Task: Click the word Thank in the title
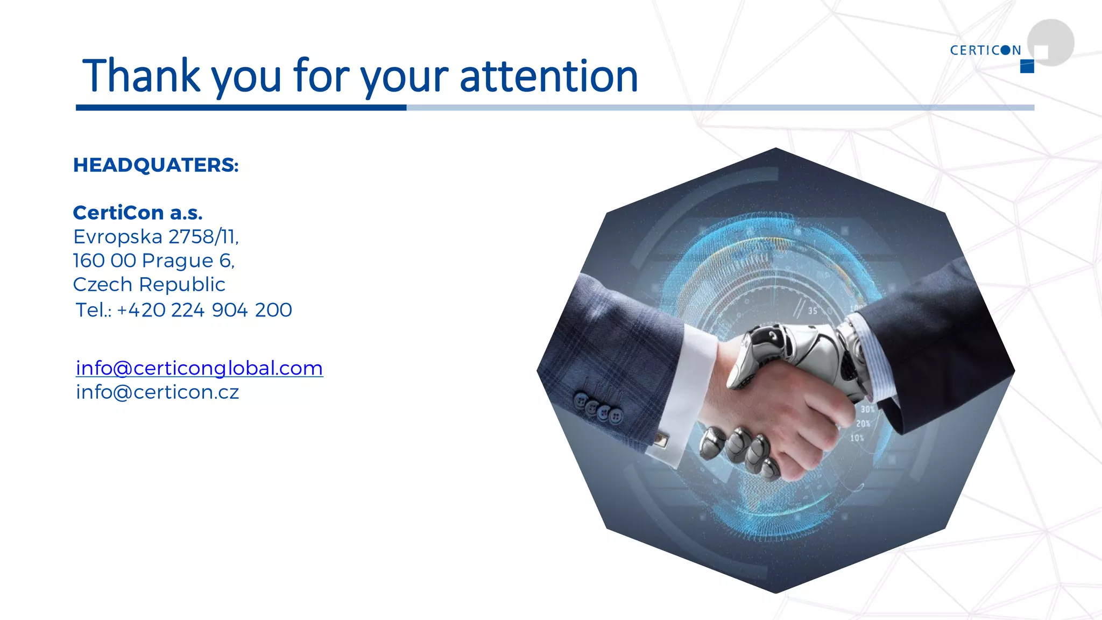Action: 141,75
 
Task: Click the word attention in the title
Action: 549,76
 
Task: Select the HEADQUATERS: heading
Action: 156,165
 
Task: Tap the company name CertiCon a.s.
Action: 138,213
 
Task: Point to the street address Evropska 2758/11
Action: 156,237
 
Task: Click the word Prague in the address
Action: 178,261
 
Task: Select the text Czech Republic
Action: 149,285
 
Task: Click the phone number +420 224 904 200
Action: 204,310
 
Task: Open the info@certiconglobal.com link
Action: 199,368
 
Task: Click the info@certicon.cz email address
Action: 157,392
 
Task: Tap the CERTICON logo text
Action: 985,51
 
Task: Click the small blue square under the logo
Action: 1027,67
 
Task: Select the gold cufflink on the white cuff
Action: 661,440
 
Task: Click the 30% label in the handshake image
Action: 867,410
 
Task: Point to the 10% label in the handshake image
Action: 857,438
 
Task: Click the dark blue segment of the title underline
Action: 241,108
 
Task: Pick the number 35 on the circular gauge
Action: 813,311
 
